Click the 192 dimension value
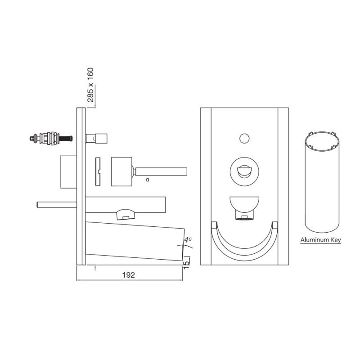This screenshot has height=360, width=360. (129, 275)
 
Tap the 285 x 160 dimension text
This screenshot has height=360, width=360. (91, 85)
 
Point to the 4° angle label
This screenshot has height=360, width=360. (188, 240)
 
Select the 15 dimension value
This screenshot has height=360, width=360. (186, 264)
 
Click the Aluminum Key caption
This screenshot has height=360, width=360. (321, 240)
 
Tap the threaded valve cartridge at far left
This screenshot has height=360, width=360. (51, 138)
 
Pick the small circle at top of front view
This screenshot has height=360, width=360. (244, 139)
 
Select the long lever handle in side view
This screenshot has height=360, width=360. (161, 172)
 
